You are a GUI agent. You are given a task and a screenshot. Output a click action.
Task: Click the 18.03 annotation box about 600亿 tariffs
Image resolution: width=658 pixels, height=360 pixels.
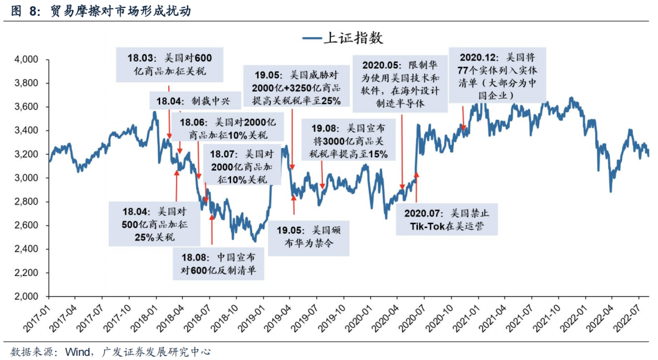point(169,65)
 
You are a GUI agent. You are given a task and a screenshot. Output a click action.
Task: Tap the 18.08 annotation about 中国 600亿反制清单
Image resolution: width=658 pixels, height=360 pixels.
point(218,263)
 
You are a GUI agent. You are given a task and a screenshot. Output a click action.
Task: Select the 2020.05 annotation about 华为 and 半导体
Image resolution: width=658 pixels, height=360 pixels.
point(400,83)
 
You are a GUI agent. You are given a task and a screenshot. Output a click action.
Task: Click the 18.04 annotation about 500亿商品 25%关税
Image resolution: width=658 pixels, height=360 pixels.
point(149,224)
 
